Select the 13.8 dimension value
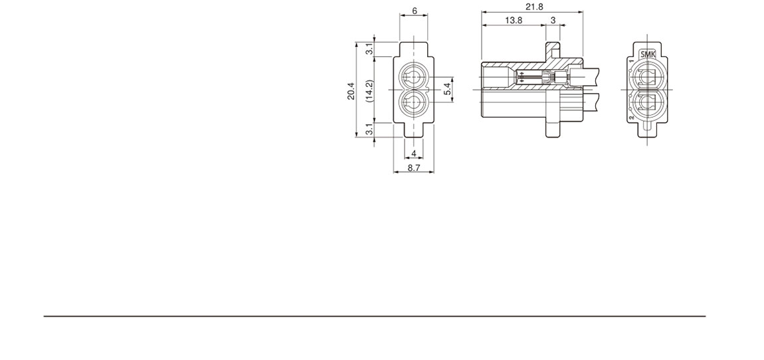click(514, 21)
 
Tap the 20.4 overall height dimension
click(351, 91)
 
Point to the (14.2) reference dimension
click(369, 90)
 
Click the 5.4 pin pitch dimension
click(448, 90)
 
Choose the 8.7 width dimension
click(414, 168)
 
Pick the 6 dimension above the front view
click(414, 10)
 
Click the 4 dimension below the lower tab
click(414, 154)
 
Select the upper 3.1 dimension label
click(369, 49)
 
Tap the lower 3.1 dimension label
click(369, 130)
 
